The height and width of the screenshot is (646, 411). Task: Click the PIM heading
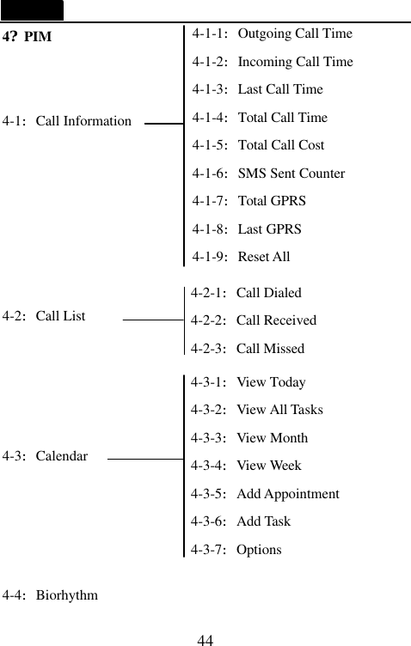pos(28,38)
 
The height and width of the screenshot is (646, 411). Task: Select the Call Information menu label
pos(67,121)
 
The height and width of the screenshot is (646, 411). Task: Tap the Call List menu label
pos(44,316)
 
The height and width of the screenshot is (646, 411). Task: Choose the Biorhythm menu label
pos(50,594)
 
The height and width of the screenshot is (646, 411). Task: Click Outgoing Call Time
pos(272,34)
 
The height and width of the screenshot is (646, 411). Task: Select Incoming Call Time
pos(273,62)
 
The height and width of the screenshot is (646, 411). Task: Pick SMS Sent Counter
pos(268,174)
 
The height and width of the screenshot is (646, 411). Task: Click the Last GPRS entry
pos(247,229)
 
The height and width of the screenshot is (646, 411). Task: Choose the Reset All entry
pos(241,257)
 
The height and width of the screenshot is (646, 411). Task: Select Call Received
pos(253,320)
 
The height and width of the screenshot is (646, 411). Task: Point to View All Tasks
pos(256,410)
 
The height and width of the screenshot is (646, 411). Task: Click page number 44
pos(205,640)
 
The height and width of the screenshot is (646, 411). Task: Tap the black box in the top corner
pos(32,10)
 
